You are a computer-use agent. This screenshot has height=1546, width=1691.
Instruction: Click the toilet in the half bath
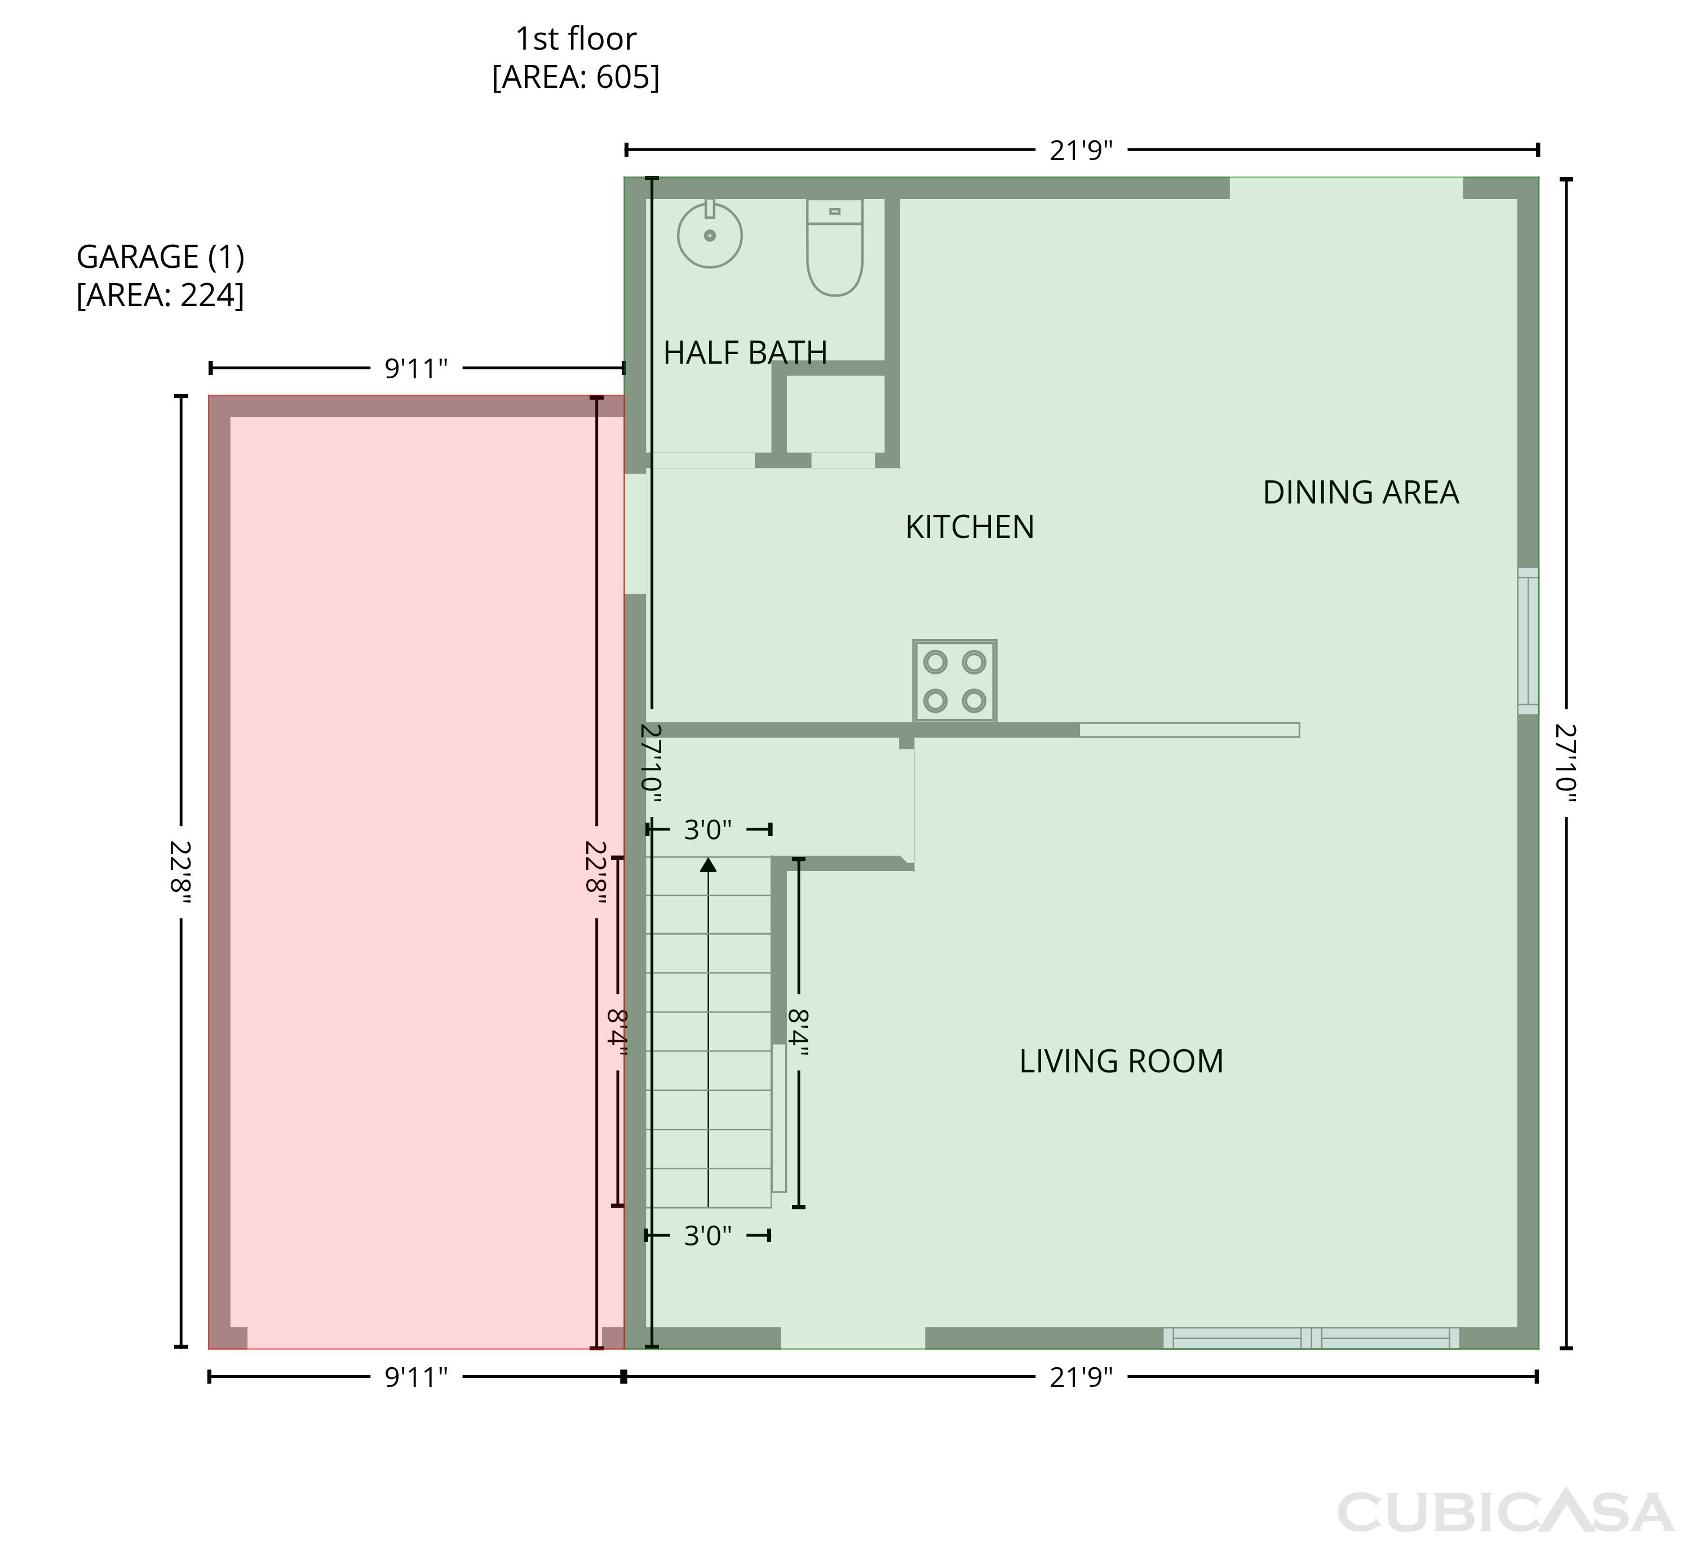pos(835,248)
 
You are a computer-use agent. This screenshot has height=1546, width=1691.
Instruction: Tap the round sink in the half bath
pos(710,235)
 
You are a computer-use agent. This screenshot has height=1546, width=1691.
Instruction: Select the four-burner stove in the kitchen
pos(954,681)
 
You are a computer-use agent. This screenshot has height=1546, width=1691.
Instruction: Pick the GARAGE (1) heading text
pos(160,257)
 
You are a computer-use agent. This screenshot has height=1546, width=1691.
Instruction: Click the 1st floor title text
pos(576,38)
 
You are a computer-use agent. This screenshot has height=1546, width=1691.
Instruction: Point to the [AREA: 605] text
pos(576,77)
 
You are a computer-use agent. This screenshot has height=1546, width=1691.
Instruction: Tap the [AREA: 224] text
pos(160,295)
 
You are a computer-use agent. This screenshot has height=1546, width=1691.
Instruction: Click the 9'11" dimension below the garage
pos(416,1376)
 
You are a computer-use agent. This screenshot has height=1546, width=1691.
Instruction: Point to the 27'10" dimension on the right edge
pos(1565,763)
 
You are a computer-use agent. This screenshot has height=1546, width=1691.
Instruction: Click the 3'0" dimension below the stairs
pos(708,1236)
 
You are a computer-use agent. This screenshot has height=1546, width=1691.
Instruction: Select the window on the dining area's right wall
pos(1528,641)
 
